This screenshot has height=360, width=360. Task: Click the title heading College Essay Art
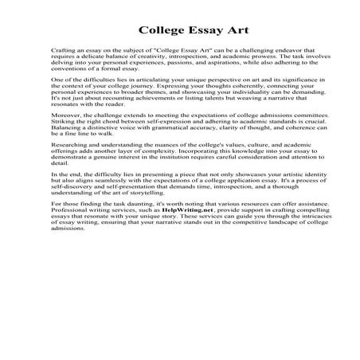(180, 33)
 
